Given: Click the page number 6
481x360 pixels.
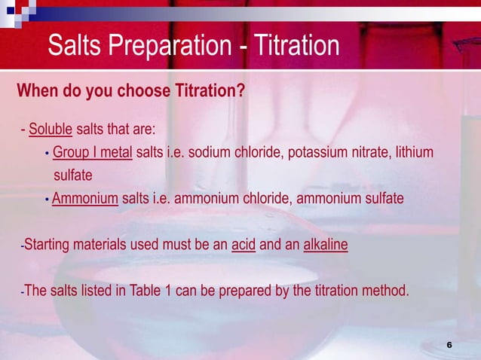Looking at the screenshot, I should point(449,344).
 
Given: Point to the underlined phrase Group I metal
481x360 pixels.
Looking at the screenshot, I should point(93,153).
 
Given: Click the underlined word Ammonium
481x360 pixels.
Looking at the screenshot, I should point(85,198).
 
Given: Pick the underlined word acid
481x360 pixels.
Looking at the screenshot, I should point(244,246).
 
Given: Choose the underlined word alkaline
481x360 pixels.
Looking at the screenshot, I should point(325,246).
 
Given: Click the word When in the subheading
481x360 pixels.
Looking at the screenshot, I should point(37,91).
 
